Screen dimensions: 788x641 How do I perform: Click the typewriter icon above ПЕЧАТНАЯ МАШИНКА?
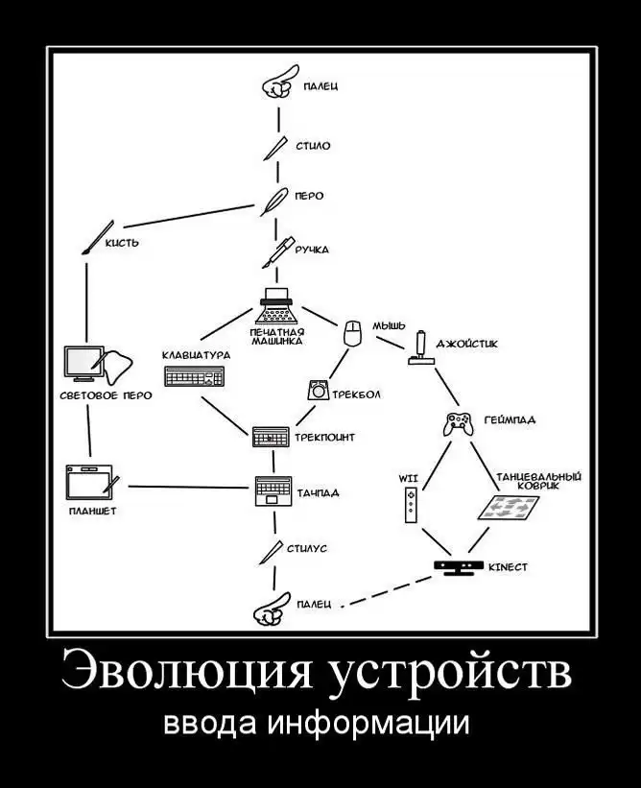pos(278,306)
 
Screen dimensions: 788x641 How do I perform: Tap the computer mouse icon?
pos(352,332)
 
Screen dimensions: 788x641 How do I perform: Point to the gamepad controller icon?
pos(460,422)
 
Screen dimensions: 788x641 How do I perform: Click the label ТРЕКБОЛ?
pos(357,394)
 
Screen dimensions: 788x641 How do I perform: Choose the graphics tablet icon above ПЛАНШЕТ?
pos(91,483)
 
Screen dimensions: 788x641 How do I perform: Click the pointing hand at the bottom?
pos(271,608)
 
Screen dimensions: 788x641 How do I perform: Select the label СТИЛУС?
pos(307,548)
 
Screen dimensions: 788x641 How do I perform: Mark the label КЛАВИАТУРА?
pos(197,355)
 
